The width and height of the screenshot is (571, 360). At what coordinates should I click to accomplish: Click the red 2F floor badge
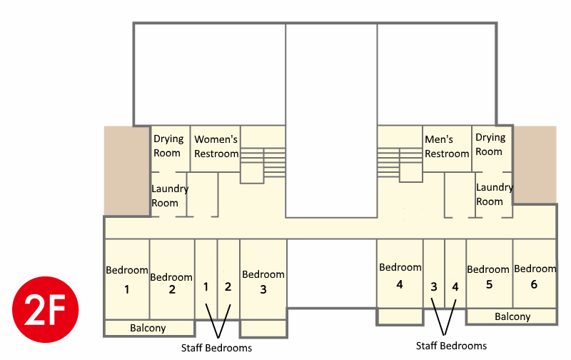point(45,309)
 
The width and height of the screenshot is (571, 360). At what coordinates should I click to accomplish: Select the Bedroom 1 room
point(127,279)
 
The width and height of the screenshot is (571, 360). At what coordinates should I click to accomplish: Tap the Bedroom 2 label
point(171,283)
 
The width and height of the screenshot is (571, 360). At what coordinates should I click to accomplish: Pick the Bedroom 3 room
point(263,281)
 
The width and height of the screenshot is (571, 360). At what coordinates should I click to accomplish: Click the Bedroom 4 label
point(400,274)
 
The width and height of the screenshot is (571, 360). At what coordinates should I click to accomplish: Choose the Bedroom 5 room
point(488,276)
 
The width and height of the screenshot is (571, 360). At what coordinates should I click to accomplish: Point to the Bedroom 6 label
point(535,275)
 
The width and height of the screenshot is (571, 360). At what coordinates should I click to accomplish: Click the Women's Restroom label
point(216,146)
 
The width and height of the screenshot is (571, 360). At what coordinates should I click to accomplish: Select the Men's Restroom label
point(447,146)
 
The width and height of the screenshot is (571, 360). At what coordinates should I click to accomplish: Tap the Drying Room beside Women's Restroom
point(168,145)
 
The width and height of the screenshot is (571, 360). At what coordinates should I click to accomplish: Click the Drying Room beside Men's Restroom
point(490,144)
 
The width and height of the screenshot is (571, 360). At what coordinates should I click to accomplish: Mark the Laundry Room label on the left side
point(169,196)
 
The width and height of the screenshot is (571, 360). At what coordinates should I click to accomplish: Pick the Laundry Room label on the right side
point(494,194)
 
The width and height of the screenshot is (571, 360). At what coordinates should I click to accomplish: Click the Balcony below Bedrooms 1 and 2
point(148,328)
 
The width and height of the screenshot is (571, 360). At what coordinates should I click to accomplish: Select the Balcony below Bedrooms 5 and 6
point(512,316)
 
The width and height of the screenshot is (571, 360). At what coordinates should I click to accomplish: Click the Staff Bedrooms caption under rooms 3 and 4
point(451,346)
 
